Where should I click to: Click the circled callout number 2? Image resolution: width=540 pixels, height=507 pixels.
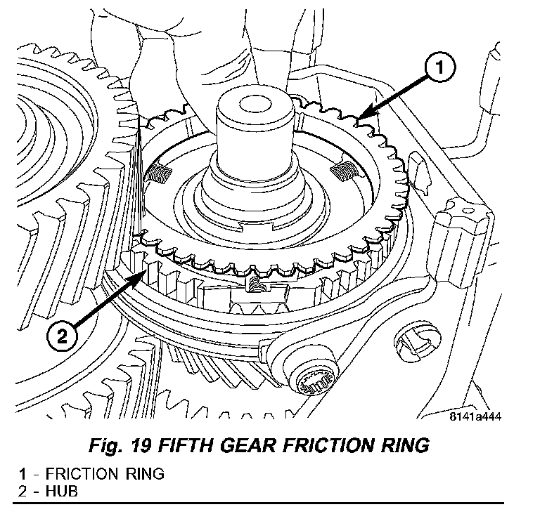coord(62,335)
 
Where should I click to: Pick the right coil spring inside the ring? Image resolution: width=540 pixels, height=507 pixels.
coord(344,168)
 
